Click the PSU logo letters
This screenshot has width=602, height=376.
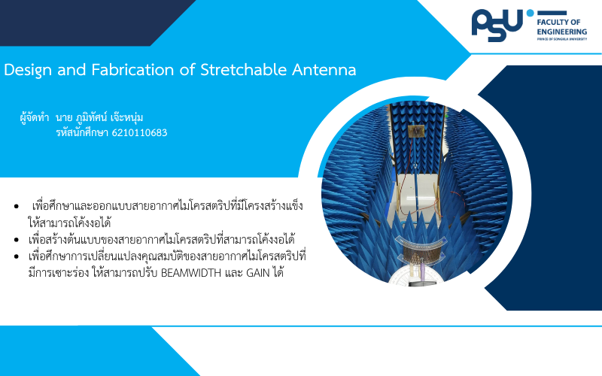pos(497,26)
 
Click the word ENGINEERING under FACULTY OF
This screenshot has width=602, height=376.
pos(561,32)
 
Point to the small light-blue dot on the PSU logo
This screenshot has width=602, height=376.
pos(530,13)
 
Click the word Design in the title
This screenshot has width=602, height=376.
pos(28,70)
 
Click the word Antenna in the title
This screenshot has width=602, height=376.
pos(324,69)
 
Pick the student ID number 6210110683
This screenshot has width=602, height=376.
pos(139,133)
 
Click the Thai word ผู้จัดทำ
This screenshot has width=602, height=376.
pos(35,117)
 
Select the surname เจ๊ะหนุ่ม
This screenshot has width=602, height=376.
pos(126,117)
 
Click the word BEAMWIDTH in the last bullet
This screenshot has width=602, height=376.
pos(191,273)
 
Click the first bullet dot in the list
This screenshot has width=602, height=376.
pos(16,206)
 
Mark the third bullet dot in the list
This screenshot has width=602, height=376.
pos(16,256)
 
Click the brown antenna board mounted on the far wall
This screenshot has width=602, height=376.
pos(415,130)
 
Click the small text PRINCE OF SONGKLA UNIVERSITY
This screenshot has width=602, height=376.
pos(561,39)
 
